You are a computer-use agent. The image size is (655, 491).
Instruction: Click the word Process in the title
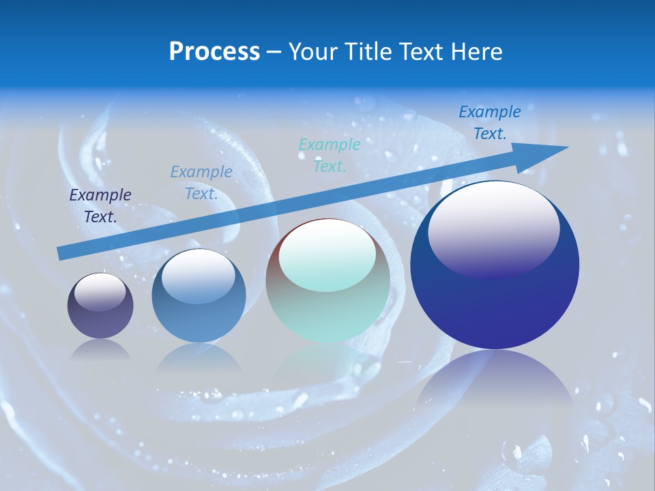point(214,52)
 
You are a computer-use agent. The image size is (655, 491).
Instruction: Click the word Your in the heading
point(314,52)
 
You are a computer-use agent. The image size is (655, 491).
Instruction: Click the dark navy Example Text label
point(100,206)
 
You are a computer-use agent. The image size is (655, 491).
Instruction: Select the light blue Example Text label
point(201,183)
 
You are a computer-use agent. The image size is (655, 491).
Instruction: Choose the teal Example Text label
point(330,155)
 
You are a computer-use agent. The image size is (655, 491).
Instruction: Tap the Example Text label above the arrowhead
point(490,123)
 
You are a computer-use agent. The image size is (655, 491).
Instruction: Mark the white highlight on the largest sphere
point(493,228)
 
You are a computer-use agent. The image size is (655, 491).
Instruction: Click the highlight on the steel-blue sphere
point(198,276)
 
